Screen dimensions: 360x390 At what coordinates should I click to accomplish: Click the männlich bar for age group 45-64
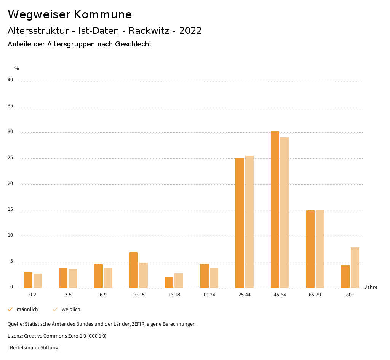[x=275, y=209]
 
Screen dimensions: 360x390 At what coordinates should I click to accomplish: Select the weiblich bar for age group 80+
[x=355, y=268]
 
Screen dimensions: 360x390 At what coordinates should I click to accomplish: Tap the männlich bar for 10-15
[x=134, y=270]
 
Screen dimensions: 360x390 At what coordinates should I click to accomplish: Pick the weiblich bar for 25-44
[x=249, y=221]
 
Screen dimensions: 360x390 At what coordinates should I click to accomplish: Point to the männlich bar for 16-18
[x=169, y=282]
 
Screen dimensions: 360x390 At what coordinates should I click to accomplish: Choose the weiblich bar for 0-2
[x=38, y=280]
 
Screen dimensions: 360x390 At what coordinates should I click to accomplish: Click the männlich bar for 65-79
[x=310, y=249]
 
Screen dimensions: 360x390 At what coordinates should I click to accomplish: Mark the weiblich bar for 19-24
[x=214, y=278]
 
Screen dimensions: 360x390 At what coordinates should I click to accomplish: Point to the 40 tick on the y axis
[x=10, y=80]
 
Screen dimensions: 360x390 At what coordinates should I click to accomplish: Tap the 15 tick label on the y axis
[x=10, y=210]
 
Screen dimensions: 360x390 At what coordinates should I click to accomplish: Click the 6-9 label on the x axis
[x=103, y=295]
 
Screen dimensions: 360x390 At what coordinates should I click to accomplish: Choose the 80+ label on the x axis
[x=350, y=295]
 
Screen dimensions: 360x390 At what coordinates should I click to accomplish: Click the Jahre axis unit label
[x=371, y=287]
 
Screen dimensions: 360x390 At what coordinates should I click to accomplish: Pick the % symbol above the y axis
[x=17, y=68]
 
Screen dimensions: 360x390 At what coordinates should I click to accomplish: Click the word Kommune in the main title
[x=103, y=14]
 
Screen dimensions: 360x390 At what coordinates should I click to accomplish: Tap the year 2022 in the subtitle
[x=190, y=31]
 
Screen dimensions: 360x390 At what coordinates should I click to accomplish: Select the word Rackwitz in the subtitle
[x=149, y=31]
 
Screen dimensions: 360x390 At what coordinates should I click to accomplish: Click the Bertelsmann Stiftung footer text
[x=34, y=347]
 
